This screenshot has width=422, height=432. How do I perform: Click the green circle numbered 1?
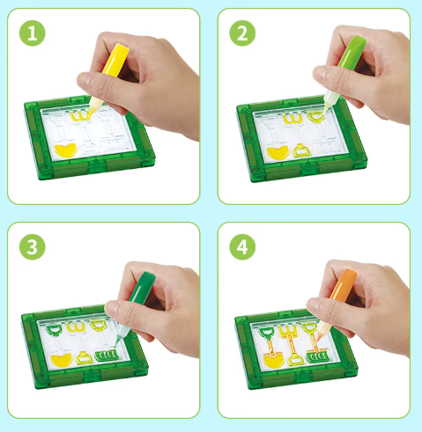click(33, 33)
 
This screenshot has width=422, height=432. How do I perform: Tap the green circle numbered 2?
click(242, 33)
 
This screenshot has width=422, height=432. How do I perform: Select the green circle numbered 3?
click(33, 247)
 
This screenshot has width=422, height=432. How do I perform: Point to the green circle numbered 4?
click(242, 247)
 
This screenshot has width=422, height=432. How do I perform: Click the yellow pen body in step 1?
click(115, 61)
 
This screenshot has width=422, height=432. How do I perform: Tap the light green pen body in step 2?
click(352, 53)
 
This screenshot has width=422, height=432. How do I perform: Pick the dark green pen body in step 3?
click(142, 288)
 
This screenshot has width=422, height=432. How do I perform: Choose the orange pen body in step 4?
click(344, 285)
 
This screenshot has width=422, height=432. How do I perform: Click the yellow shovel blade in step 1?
click(65, 150)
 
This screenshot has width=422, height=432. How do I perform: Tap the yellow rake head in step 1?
click(80, 116)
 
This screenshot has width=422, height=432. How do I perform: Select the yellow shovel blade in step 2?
click(278, 153)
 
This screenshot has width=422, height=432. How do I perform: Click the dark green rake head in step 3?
click(107, 355)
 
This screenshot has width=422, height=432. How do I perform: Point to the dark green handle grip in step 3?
click(54, 330)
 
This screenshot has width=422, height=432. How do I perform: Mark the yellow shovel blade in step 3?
click(61, 360)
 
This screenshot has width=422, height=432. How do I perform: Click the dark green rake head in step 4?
click(318, 357)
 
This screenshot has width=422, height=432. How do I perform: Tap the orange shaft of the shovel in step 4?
click(270, 346)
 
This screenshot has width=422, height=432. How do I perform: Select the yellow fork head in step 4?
click(289, 330)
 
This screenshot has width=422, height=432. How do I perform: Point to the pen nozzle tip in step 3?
click(116, 344)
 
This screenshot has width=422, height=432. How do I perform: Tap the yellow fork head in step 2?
click(292, 119)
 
